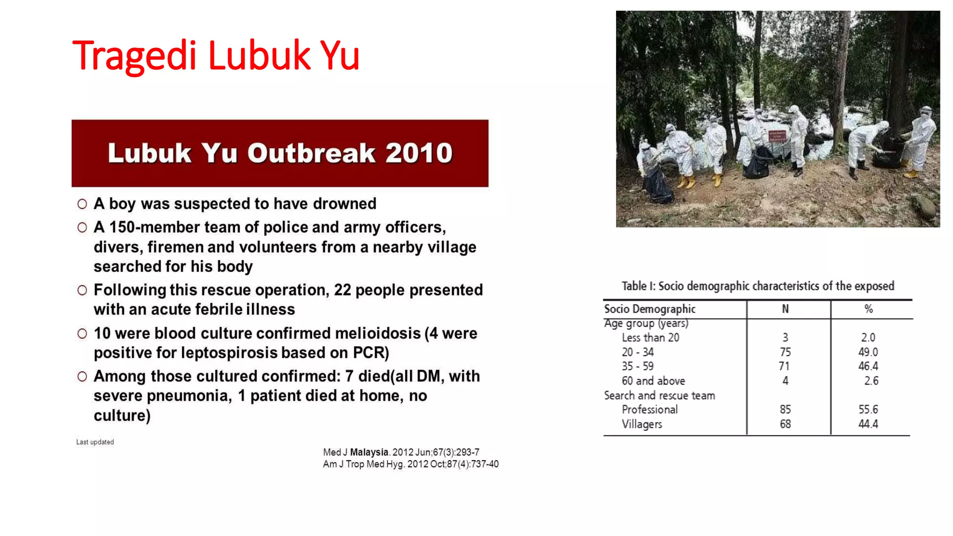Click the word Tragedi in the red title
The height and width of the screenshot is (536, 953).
point(134,56)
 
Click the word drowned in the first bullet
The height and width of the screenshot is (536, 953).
point(344,204)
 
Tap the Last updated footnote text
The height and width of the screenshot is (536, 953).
point(95,442)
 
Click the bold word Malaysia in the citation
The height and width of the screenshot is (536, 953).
point(369,452)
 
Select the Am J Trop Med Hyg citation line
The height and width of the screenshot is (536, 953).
point(410,464)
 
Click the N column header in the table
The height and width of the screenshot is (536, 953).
point(785,309)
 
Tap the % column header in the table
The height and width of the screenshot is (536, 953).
point(868,309)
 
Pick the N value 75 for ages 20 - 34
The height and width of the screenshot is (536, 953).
point(785,352)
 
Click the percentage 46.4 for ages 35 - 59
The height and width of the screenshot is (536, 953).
point(868,366)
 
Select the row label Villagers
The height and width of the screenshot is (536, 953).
point(642,424)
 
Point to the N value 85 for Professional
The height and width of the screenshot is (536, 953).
point(785,409)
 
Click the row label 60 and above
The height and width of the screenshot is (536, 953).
point(653,381)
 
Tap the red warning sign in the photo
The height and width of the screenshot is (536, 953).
point(777,136)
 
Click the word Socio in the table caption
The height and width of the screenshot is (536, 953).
point(671,286)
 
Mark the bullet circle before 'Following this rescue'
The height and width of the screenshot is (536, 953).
point(82,290)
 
